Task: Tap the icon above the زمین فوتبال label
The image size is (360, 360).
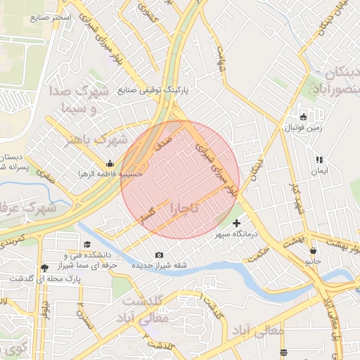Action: [x=304, y=117]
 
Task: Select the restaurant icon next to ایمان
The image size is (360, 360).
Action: [x=319, y=160]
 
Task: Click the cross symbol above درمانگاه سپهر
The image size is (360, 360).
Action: [x=236, y=223]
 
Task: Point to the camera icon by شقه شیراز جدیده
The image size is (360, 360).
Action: [x=159, y=255]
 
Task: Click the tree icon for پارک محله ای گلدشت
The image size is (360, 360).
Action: [x=45, y=268]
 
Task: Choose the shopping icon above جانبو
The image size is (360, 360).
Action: [x=313, y=250]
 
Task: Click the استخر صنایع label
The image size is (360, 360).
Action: [x=51, y=16]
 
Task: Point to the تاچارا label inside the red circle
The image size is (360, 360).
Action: [x=184, y=208]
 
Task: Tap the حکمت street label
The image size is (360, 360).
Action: [x=260, y=250]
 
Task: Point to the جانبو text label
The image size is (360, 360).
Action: [x=313, y=261]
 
